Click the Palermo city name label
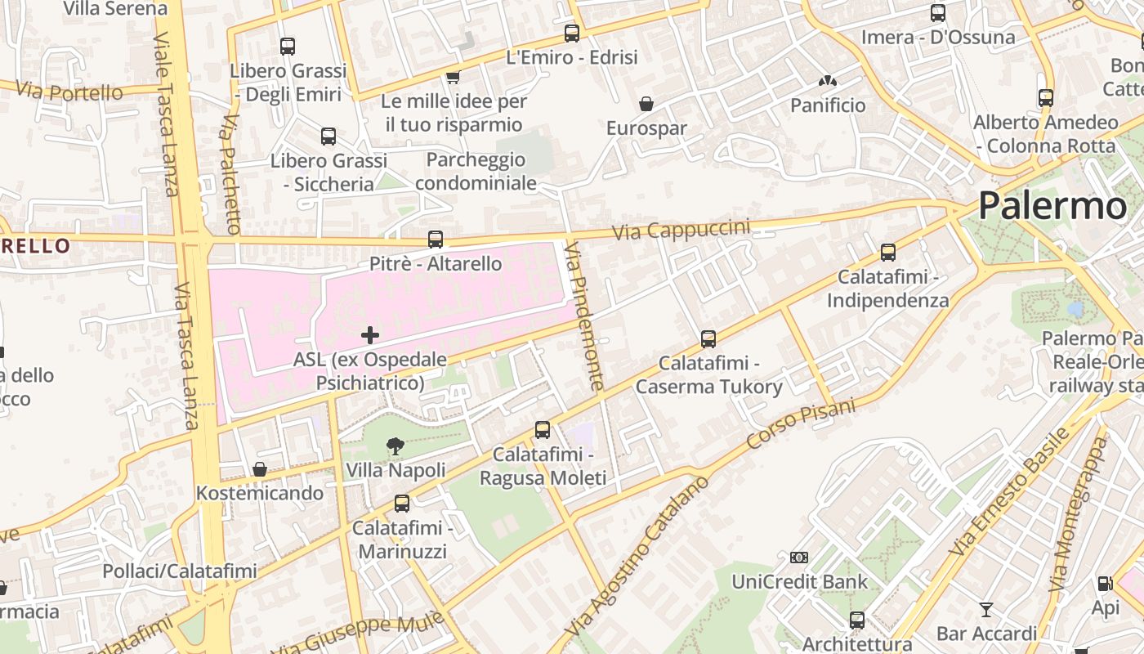tap(1052, 205)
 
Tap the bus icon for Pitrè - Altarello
tap(436, 240)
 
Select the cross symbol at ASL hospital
tap(370, 334)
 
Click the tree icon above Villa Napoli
tap(395, 446)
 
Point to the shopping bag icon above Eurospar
tap(646, 104)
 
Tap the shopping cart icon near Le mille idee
tap(453, 77)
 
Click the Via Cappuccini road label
tap(681, 229)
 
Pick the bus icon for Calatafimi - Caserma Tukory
tap(708, 338)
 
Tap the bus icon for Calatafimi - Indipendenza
tap(888, 253)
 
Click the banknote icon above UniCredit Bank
tap(799, 558)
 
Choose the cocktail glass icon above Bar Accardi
tap(986, 609)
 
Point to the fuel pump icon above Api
tap(1105, 584)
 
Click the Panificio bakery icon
tap(827, 81)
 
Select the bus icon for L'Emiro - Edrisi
tap(572, 34)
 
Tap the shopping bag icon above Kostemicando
tap(260, 469)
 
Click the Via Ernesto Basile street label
tap(1010, 492)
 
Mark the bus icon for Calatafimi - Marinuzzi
tap(401, 504)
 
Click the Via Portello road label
tap(69, 92)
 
